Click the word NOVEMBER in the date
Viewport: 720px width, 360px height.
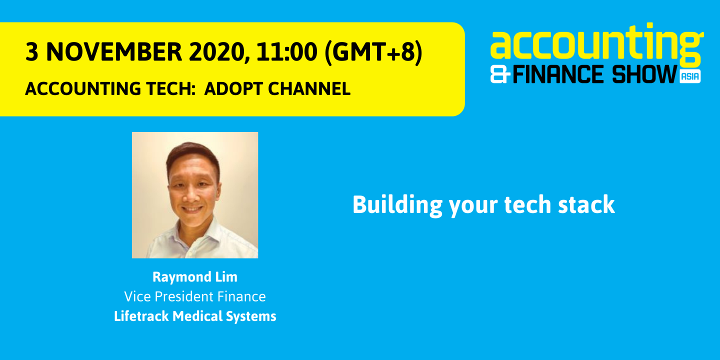coord(114,52)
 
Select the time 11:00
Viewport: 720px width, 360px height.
coord(287,52)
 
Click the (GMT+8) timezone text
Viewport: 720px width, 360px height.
coord(373,52)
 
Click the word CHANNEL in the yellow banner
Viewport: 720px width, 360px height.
coord(309,88)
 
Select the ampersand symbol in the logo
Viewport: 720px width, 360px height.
coord(500,74)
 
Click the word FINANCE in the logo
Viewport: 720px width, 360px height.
coord(557,74)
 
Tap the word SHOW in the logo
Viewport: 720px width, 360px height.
coord(644,74)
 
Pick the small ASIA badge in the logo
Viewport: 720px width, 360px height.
coord(690,76)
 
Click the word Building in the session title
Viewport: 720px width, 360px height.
coord(397,205)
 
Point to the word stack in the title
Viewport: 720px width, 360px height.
coord(586,204)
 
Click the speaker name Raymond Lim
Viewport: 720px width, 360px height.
coord(195,277)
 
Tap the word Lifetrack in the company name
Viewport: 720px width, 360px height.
coord(141,316)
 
